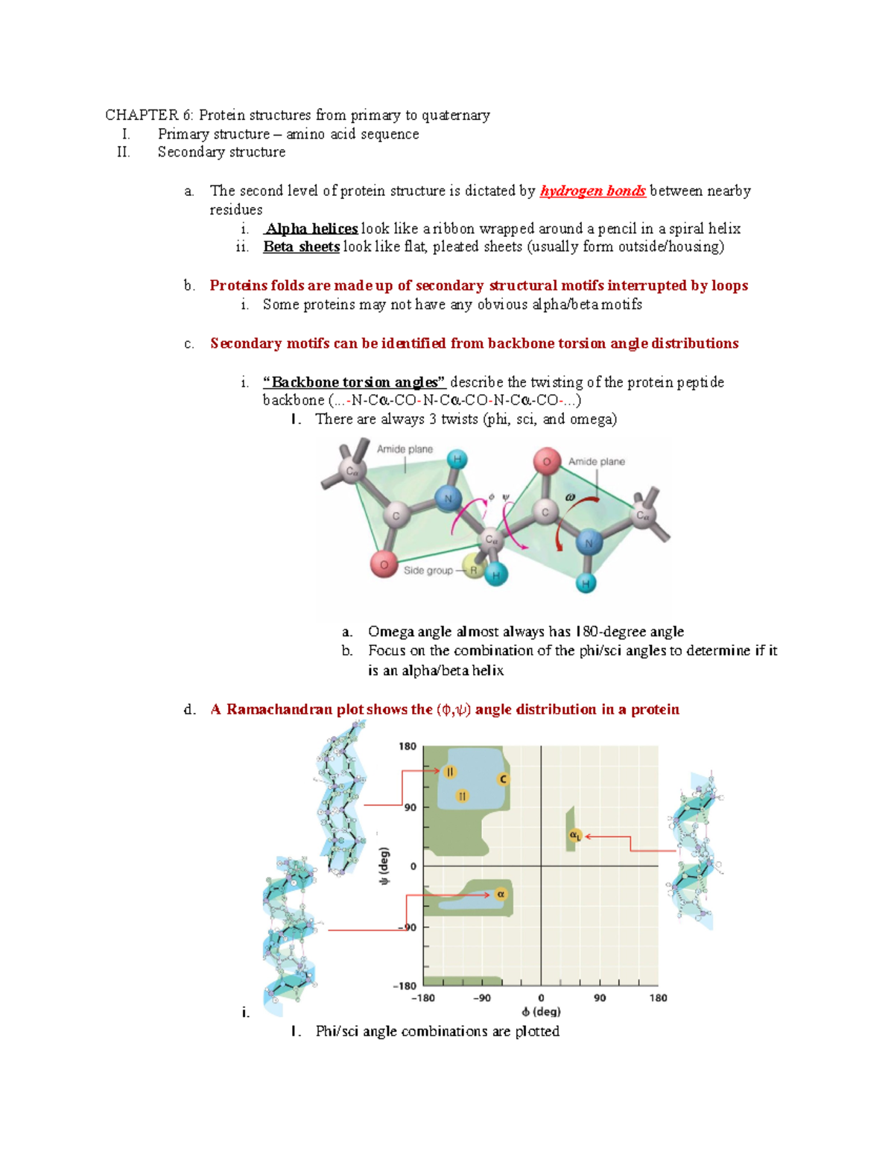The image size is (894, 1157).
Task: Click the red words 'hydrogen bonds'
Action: pos(592,191)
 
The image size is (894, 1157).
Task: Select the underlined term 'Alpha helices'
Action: pos(311,229)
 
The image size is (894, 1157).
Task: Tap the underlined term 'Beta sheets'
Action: pos(301,247)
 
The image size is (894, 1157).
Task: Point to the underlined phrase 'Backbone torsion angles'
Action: pos(354,382)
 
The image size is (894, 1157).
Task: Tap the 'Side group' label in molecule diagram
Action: pos(428,571)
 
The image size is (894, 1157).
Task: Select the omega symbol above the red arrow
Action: pos(570,497)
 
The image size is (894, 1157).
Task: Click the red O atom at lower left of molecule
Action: pos(384,565)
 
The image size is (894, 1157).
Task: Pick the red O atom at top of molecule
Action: pos(546,462)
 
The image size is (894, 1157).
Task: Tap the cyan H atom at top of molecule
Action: pos(457,460)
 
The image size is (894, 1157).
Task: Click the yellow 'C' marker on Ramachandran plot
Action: pos(503,779)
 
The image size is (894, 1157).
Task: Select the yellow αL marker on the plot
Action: pos(575,836)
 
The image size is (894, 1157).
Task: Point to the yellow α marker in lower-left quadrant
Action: pos(501,893)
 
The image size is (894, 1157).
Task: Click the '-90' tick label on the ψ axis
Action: pos(407,928)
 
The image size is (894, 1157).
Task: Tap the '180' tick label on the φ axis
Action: pos(658,998)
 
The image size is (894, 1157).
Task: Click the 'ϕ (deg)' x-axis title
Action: pos(541,1011)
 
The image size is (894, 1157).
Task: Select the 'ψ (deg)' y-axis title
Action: pos(384,866)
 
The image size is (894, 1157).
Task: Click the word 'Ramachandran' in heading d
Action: pos(279,709)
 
